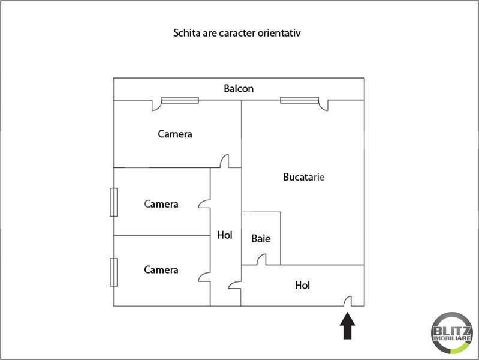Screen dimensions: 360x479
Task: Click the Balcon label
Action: (x=239, y=89)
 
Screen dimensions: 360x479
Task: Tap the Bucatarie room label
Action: (x=303, y=177)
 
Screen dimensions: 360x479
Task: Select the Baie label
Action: (x=261, y=239)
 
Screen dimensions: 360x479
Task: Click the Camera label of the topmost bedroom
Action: (x=175, y=134)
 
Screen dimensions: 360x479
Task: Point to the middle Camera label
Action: (x=161, y=204)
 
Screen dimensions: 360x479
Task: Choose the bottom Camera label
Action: (x=161, y=270)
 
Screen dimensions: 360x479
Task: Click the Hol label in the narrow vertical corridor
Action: (x=225, y=235)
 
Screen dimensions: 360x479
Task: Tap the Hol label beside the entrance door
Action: (x=303, y=286)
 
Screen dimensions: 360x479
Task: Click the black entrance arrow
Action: (x=348, y=327)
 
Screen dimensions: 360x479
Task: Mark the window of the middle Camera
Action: (x=112, y=202)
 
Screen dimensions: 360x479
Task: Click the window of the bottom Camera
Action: (x=112, y=272)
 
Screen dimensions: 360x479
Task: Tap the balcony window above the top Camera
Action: (x=180, y=100)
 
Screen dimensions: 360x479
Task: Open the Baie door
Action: (x=261, y=260)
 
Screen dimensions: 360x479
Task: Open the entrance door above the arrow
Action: (x=348, y=301)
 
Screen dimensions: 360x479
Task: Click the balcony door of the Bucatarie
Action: (x=324, y=106)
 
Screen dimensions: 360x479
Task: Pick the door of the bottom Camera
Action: (x=204, y=275)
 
